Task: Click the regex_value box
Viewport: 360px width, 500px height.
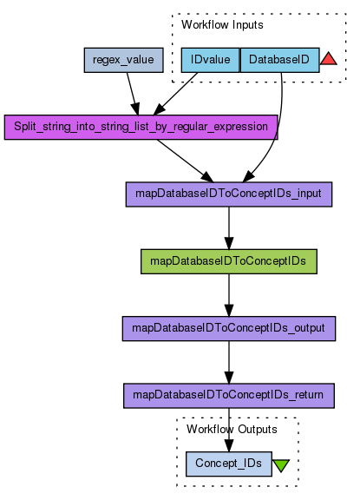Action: pyautogui.click(x=123, y=60)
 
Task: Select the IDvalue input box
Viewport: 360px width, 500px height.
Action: pyautogui.click(x=210, y=60)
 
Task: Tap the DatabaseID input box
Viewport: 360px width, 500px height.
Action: pyautogui.click(x=279, y=60)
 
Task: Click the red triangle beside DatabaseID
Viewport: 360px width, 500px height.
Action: pyautogui.click(x=329, y=59)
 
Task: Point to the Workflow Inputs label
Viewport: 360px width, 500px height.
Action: pyautogui.click(x=222, y=25)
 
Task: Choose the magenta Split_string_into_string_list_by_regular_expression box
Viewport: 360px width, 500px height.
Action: pyautogui.click(x=141, y=128)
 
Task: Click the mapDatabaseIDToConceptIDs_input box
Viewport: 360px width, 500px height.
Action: pyautogui.click(x=229, y=194)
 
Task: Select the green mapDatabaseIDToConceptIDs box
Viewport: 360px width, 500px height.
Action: pyautogui.click(x=229, y=261)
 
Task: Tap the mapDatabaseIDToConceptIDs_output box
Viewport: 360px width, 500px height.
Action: pyautogui.click(x=229, y=329)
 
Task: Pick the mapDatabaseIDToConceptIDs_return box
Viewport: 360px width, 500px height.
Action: pyautogui.click(x=229, y=396)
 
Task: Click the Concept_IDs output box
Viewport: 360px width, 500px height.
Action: pyautogui.click(x=229, y=464)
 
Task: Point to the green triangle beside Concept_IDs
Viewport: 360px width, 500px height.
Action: pyautogui.click(x=281, y=465)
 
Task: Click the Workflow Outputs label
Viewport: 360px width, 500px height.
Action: pyautogui.click(x=232, y=429)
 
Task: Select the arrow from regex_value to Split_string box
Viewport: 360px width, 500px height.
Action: pyautogui.click(x=133, y=94)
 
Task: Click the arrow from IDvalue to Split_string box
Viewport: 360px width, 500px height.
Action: pyautogui.click(x=175, y=94)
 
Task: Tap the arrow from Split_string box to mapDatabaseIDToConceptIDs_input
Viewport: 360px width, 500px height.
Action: pyautogui.click(x=185, y=161)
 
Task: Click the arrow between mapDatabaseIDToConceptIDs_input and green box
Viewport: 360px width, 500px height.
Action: pyautogui.click(x=229, y=228)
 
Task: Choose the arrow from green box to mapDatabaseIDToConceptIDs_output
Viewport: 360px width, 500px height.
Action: pyautogui.click(x=229, y=295)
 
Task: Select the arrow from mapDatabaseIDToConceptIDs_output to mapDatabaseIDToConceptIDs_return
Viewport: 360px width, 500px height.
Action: pyautogui.click(x=229, y=362)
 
